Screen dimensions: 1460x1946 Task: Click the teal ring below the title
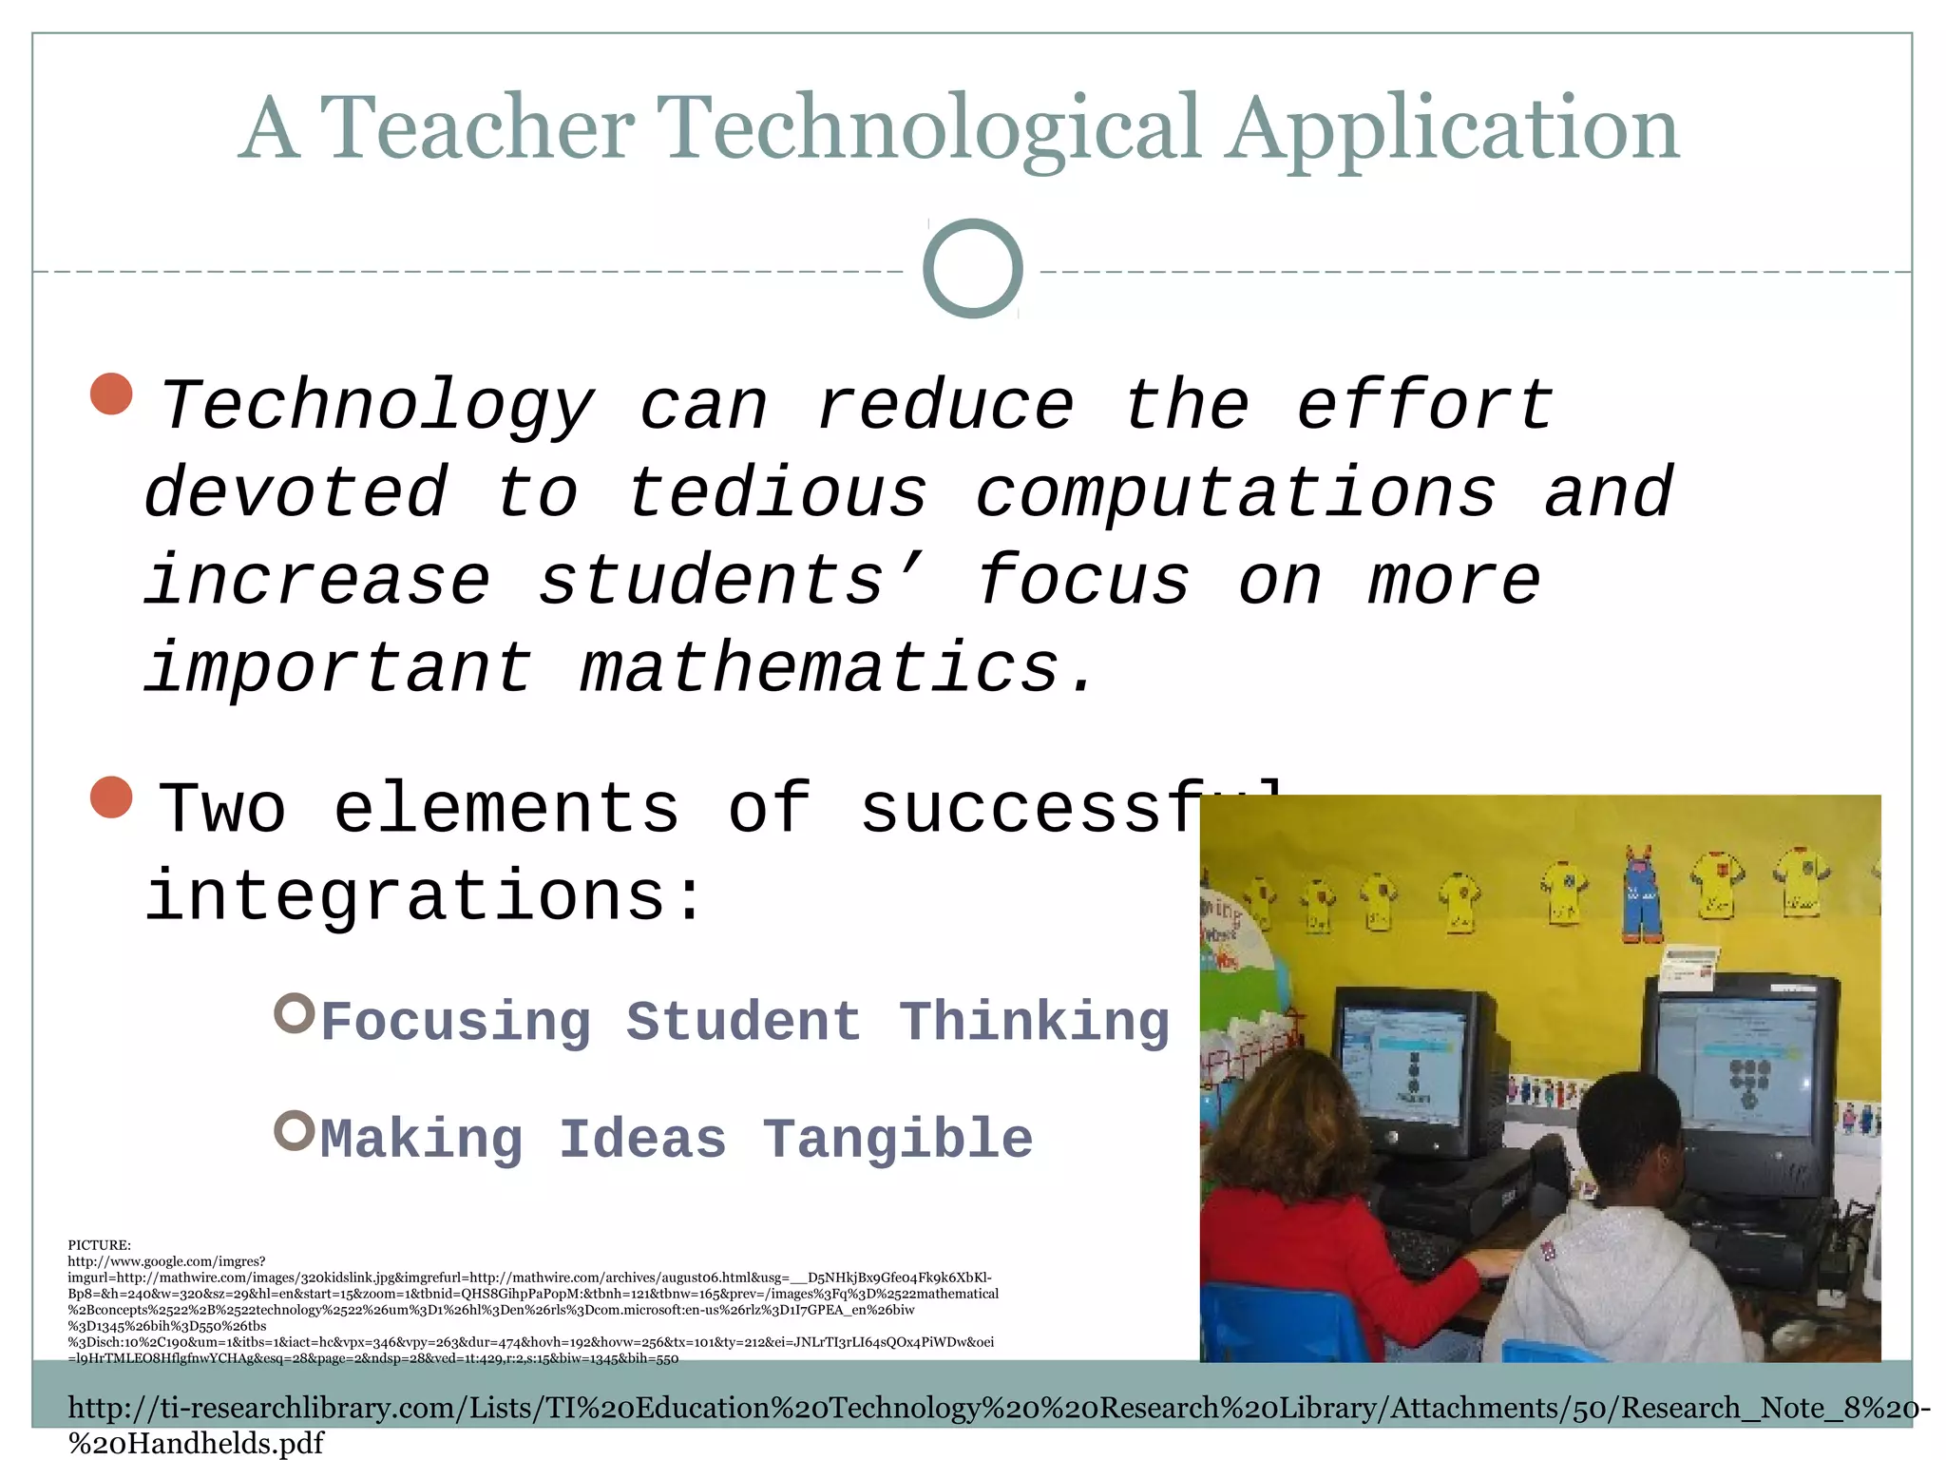coord(972,268)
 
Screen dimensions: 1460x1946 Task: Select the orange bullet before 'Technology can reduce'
coord(111,394)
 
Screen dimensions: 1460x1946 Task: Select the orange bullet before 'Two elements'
coord(111,797)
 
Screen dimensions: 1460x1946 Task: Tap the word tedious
coord(776,492)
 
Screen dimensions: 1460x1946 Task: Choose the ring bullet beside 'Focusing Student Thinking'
coord(294,1013)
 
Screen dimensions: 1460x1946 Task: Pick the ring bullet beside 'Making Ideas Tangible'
coord(294,1130)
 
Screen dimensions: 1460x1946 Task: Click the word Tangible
coord(898,1139)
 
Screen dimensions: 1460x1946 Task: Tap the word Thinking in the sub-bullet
coord(1034,1023)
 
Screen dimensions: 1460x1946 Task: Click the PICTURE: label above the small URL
coord(99,1244)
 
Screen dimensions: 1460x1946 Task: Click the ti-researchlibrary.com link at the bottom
coord(998,1409)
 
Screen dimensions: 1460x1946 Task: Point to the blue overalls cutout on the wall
coord(1640,893)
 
